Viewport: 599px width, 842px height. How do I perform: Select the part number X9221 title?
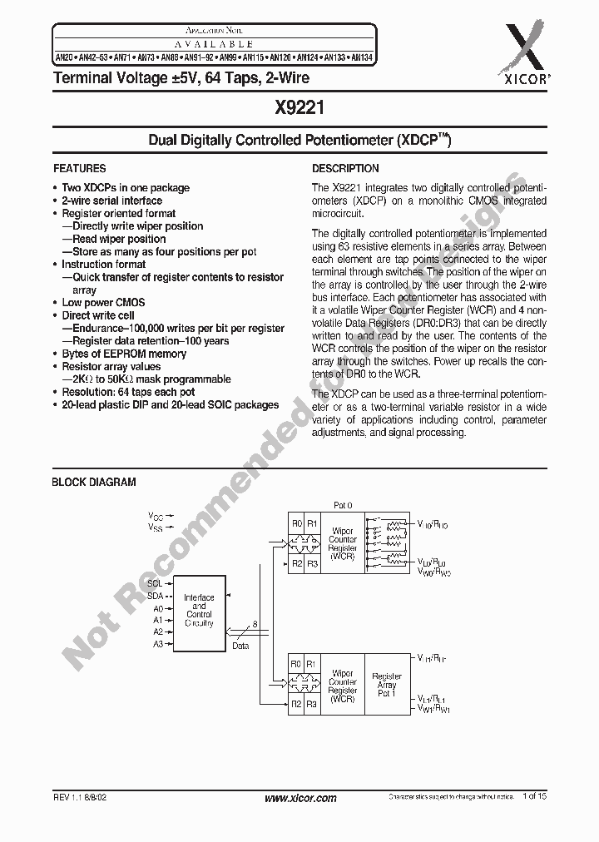299,106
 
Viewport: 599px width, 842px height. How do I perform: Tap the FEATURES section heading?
79,168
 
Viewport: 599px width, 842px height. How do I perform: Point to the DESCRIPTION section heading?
345,168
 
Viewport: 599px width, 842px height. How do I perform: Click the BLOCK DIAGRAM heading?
94,482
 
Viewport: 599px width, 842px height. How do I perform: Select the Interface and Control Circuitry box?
199,610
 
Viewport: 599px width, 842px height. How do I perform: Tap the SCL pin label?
155,583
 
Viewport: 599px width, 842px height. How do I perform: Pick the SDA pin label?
155,596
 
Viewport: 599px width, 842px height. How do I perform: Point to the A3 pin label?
157,645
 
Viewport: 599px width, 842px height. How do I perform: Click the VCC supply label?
156,516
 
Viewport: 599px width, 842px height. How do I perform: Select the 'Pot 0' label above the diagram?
343,505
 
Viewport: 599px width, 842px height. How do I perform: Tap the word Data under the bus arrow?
240,645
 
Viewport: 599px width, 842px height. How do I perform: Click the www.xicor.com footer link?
299,798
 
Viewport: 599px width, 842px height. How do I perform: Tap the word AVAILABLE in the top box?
215,43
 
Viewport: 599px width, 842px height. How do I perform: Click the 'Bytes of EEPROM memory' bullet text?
124,354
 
